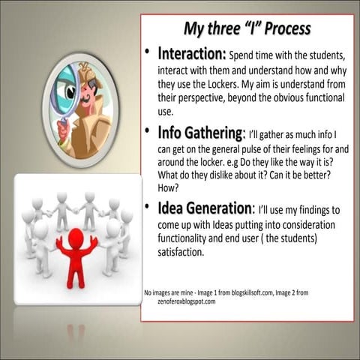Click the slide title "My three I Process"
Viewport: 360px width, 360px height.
tap(247, 29)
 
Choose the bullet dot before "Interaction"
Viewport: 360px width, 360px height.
tap(149, 55)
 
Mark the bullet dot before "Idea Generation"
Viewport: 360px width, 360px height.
tap(149, 208)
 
